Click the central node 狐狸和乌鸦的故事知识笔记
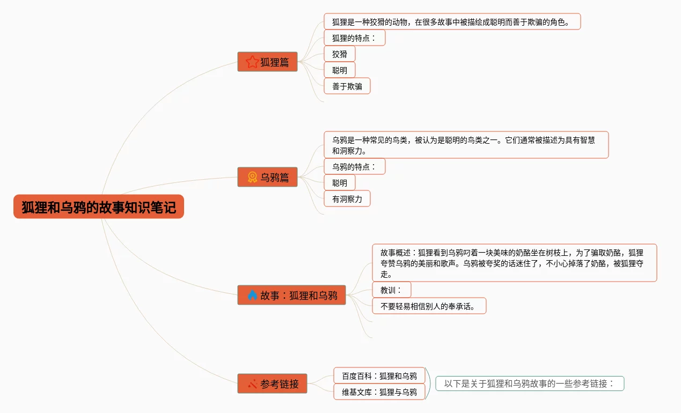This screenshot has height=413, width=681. (99, 207)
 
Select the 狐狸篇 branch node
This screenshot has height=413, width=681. (267, 62)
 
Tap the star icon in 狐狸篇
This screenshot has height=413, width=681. (252, 62)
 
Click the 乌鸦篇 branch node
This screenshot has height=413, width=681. (267, 177)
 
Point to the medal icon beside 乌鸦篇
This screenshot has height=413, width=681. (252, 177)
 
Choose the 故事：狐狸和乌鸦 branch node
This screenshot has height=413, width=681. (291, 295)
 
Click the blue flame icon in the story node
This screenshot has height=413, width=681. (252, 295)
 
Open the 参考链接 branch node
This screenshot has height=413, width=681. (272, 384)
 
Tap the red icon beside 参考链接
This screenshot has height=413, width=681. (252, 384)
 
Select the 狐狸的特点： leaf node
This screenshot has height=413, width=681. (355, 38)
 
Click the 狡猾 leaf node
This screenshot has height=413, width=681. (340, 54)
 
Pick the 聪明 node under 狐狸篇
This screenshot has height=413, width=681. (340, 70)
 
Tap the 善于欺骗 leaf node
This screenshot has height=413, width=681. (347, 86)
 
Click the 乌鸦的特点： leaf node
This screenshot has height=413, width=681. (355, 166)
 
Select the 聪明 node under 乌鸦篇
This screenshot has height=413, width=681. (340, 182)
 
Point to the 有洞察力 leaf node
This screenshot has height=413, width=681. (347, 198)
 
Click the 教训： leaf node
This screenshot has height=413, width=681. (391, 290)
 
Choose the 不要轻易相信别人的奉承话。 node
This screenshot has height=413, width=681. (429, 306)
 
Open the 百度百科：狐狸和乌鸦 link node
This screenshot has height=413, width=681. (379, 375)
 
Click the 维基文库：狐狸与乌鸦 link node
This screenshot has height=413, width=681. (379, 392)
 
